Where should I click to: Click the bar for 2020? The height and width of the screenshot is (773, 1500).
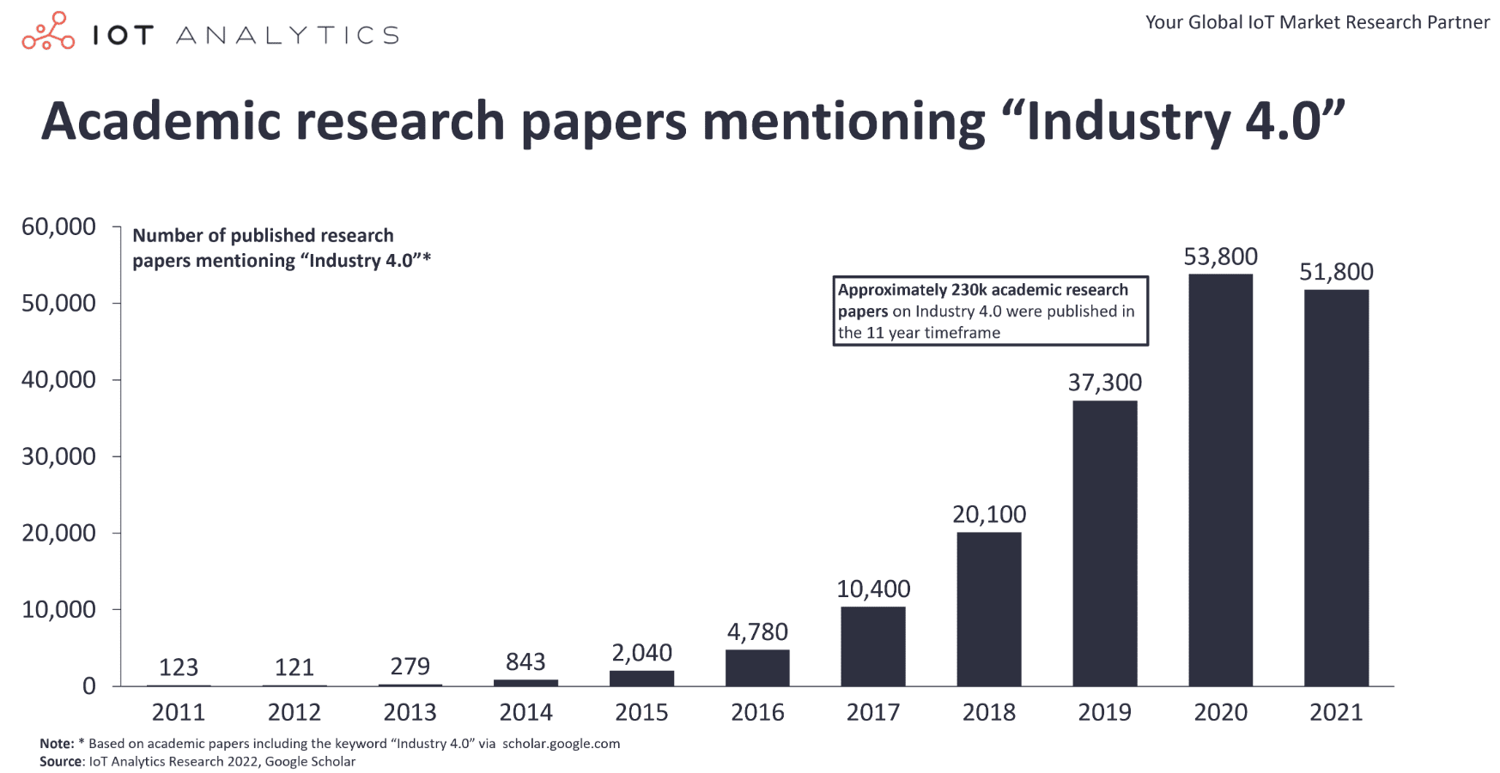(x=1220, y=480)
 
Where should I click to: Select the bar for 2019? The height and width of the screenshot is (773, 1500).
(x=1104, y=543)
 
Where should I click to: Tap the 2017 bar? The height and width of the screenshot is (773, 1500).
(x=872, y=646)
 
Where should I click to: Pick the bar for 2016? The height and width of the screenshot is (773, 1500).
(x=756, y=667)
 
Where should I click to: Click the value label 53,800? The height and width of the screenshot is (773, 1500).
(x=1220, y=257)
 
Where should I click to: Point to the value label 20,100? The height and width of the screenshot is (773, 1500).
(x=988, y=514)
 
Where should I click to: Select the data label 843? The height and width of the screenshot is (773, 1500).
(x=525, y=661)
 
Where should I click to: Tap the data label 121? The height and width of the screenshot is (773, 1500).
(x=294, y=667)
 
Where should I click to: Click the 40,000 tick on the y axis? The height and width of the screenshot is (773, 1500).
(x=58, y=379)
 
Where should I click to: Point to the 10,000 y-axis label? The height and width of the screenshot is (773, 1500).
(x=58, y=609)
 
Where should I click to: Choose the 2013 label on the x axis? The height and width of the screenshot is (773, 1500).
(x=410, y=712)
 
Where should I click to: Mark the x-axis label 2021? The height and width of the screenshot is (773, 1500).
(x=1335, y=712)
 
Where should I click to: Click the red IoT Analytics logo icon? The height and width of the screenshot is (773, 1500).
(x=48, y=32)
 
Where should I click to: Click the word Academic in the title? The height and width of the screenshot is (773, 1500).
(x=161, y=121)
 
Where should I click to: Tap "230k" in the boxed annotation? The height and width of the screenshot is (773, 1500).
(x=969, y=290)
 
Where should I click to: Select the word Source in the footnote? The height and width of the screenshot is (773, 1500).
(x=60, y=762)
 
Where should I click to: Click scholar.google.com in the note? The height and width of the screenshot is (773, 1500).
(x=561, y=744)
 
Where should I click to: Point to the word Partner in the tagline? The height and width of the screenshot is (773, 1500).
(x=1458, y=22)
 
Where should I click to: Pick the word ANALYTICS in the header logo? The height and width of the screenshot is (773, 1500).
(x=287, y=35)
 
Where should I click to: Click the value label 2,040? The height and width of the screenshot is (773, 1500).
(x=641, y=653)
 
